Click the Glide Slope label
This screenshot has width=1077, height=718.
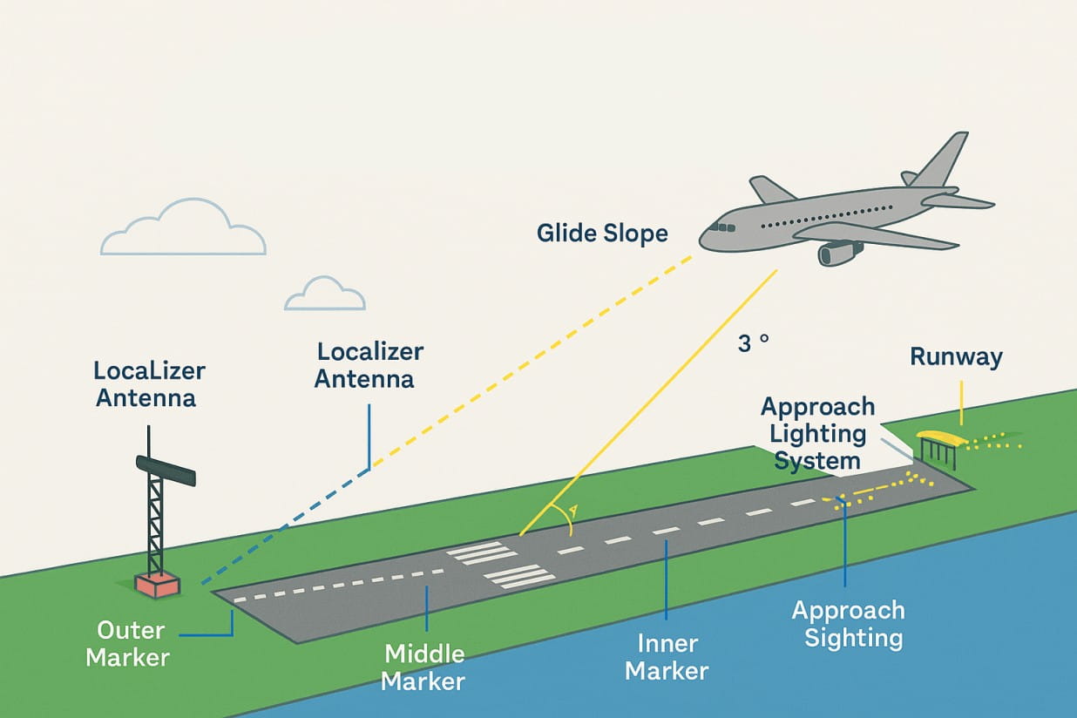coord(602,234)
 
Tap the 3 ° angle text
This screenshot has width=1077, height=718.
coord(753,343)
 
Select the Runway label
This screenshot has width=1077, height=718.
coord(956,356)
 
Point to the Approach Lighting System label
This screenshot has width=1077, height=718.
coord(817,433)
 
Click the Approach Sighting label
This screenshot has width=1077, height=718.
coord(848,624)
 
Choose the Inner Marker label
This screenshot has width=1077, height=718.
coord(667,657)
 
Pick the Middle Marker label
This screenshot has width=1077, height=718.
coord(424,667)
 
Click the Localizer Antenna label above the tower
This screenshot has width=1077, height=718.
coord(149,383)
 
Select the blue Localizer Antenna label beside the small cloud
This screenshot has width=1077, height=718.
coord(369,365)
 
